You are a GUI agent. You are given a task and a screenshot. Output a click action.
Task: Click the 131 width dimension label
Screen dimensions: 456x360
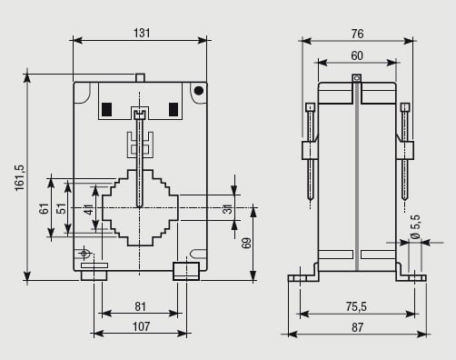(142, 33)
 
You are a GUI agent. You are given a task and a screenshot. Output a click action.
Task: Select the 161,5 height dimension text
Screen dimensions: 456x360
(20, 178)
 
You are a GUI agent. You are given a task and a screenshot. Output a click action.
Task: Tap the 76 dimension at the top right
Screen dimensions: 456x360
(357, 34)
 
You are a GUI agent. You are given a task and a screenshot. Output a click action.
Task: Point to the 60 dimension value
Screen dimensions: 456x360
(357, 55)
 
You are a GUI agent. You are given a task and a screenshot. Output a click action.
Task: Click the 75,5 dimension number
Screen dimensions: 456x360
(356, 306)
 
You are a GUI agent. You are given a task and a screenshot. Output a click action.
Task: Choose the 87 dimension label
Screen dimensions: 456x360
(357, 327)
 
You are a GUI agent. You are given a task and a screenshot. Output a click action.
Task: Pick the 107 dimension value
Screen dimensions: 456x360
(141, 326)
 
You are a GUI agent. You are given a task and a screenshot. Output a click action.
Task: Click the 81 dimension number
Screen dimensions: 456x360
(140, 306)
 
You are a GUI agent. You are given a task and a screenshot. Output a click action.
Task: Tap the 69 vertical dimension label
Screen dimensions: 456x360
(247, 243)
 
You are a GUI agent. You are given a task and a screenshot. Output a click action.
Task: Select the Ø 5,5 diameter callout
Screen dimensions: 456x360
(416, 227)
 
